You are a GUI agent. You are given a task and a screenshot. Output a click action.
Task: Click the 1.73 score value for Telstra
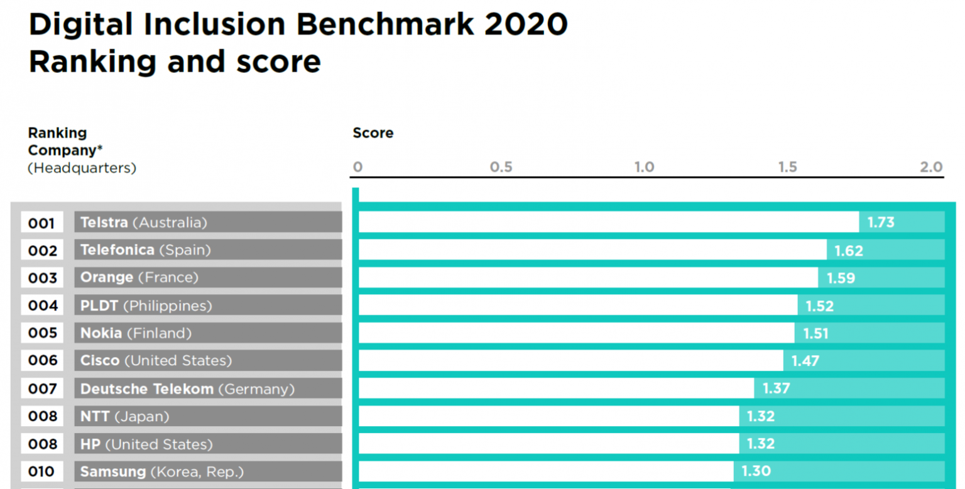(881, 223)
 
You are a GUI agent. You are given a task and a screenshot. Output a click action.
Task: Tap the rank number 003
(43, 278)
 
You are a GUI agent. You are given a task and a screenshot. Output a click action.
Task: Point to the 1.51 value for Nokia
(815, 333)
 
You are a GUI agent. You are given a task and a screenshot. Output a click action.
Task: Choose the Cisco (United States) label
(156, 361)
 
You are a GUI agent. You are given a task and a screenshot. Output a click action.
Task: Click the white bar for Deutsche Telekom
(556, 388)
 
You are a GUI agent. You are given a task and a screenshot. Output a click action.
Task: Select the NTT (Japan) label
(124, 416)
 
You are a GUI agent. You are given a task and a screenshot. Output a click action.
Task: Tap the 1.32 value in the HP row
(761, 444)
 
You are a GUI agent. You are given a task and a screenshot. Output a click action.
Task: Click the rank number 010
(43, 471)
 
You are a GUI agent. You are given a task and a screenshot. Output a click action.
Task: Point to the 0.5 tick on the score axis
(501, 167)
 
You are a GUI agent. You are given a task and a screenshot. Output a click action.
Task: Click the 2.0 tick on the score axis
(931, 167)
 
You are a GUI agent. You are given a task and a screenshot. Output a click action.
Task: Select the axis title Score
(373, 133)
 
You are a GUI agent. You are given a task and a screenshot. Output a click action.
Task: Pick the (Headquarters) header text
(82, 168)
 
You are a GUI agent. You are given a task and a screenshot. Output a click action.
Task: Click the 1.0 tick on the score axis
(644, 167)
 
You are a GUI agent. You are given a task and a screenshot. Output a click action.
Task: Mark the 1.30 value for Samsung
(756, 471)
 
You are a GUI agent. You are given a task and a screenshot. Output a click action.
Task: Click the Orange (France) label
(139, 278)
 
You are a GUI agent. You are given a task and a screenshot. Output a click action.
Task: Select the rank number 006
(43, 361)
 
